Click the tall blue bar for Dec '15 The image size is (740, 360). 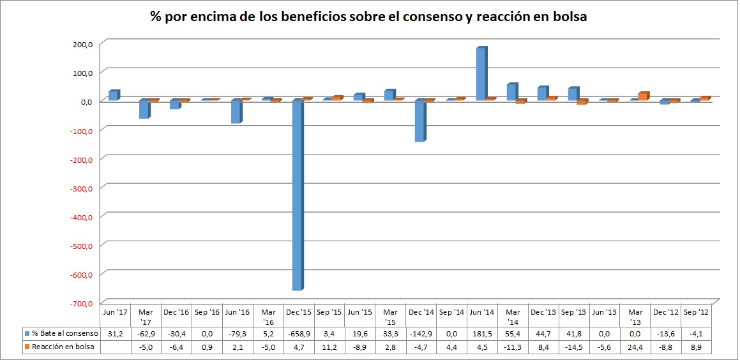(x=297, y=195)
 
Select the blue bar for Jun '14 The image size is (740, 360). (x=481, y=74)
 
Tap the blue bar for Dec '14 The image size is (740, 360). (x=419, y=121)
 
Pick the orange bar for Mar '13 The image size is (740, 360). (x=643, y=96)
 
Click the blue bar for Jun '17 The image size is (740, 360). (x=113, y=95)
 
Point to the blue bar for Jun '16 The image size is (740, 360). (x=236, y=112)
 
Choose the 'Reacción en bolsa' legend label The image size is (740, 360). (x=63, y=347)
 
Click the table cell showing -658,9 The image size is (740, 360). (x=298, y=333)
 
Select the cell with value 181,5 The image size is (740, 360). (x=481, y=333)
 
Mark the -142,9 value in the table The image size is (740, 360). (x=421, y=333)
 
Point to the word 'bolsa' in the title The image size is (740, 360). (x=568, y=18)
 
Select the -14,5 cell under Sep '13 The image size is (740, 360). (x=573, y=347)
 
